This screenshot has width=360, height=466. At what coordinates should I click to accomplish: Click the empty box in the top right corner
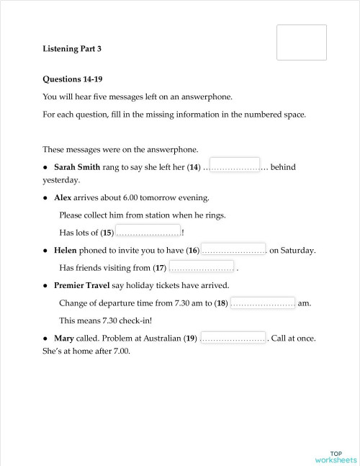(x=302, y=42)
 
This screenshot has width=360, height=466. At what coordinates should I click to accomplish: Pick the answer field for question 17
(x=202, y=267)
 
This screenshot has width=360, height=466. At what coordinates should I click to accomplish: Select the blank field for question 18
(x=263, y=303)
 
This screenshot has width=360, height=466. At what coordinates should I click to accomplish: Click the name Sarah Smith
(x=79, y=167)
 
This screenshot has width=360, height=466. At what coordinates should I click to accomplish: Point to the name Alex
(x=63, y=197)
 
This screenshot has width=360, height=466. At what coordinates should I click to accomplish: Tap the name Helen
(x=66, y=251)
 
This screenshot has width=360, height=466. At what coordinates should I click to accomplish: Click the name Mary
(x=65, y=338)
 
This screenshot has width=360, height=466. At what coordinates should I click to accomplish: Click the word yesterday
(x=60, y=180)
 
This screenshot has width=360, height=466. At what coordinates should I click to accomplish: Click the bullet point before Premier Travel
(x=45, y=286)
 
